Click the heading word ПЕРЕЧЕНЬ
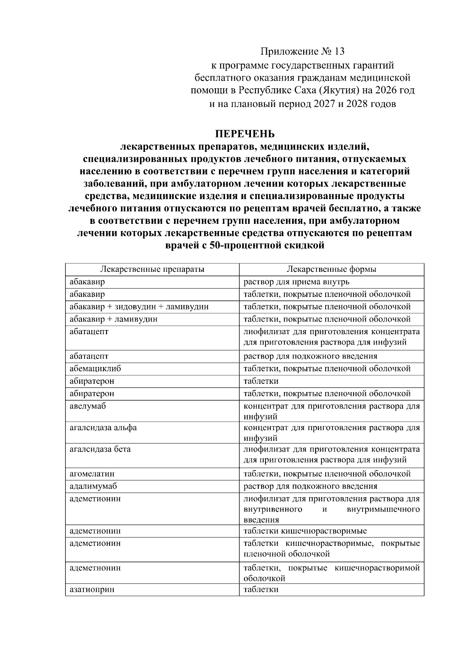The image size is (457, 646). point(244,134)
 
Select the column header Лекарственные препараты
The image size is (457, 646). point(152,270)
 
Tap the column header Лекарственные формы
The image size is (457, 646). point(331,270)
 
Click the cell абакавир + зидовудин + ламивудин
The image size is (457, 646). point(139,307)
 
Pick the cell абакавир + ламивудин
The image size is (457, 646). point(113,319)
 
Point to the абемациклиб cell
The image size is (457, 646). point(95,368)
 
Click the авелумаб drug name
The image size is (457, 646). point(88,406)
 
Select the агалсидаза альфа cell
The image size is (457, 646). point(103,427)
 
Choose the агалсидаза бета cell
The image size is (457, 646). point(100,449)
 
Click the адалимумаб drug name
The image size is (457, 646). point(93,486)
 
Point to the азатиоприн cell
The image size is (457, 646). point(92,590)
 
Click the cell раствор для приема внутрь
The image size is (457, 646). point(296,282)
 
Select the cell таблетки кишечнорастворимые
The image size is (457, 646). point(305,531)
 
